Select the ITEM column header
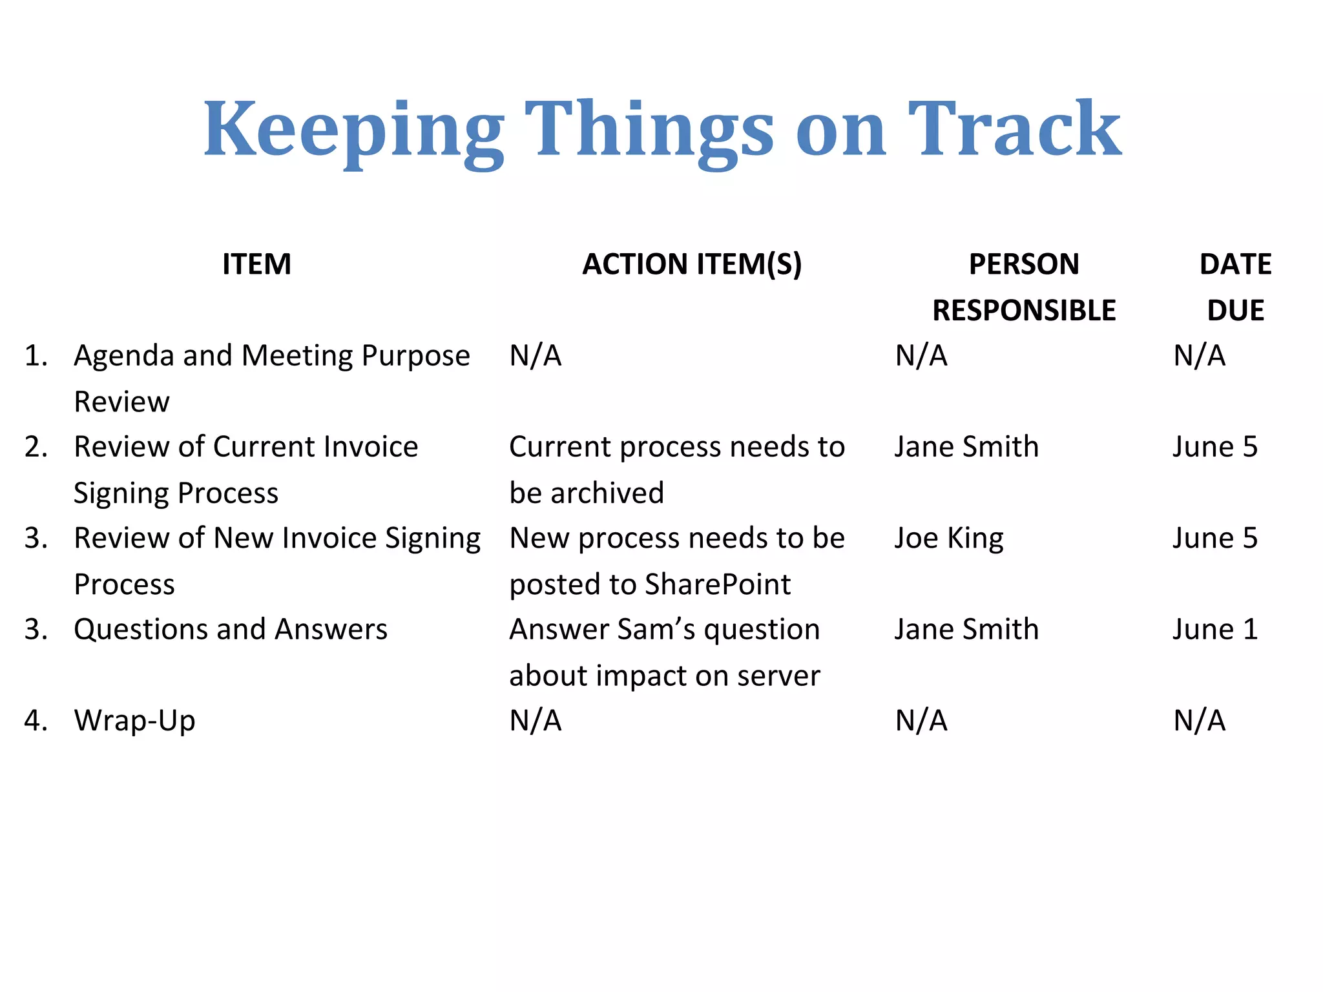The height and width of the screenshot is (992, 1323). (x=256, y=264)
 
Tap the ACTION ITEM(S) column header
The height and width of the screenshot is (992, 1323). (x=692, y=264)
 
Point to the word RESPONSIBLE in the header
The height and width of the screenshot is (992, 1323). (x=1024, y=311)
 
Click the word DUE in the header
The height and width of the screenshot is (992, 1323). (x=1235, y=311)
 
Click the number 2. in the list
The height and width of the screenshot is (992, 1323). (x=36, y=447)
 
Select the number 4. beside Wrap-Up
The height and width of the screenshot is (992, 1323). (x=36, y=721)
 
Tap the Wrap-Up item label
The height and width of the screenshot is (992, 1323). (x=134, y=721)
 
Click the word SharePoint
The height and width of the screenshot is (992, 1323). (x=717, y=584)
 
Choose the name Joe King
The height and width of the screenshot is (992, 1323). (x=949, y=539)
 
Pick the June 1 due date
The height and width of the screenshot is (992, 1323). (x=1215, y=630)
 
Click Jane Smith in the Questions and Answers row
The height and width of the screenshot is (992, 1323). (x=966, y=630)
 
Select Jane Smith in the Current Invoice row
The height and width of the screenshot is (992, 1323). (x=966, y=447)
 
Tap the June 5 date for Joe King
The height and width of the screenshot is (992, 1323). (x=1215, y=539)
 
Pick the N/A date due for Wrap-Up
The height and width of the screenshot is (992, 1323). (x=1199, y=721)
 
